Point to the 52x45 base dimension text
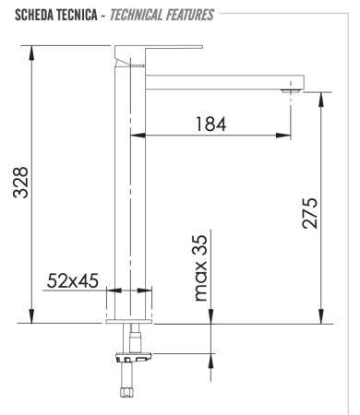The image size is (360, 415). click(75, 280)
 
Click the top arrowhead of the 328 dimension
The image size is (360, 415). click(34, 52)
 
